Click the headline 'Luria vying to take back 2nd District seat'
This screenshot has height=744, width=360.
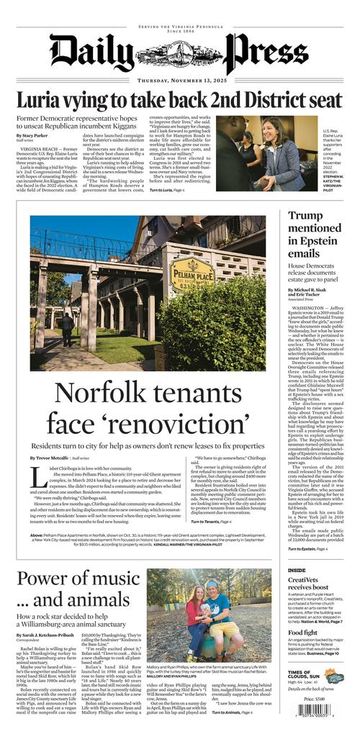179,99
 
